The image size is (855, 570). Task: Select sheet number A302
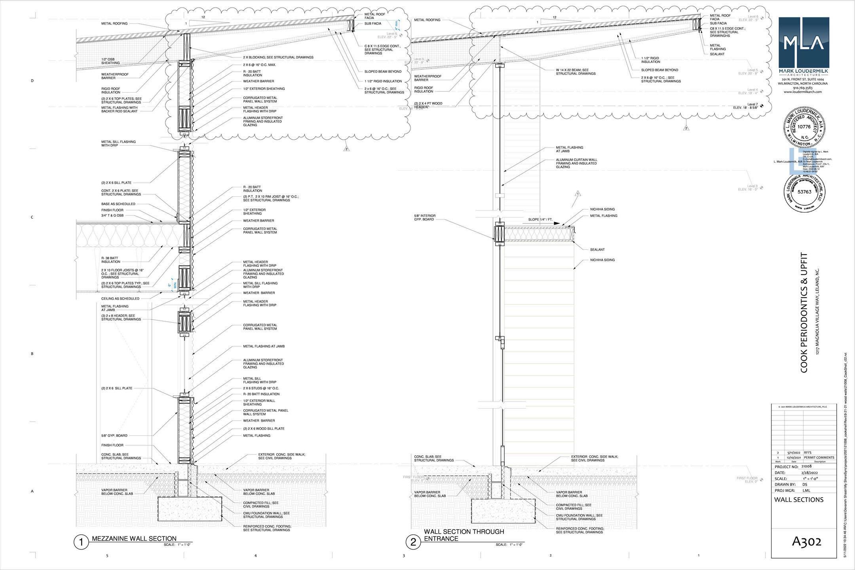pos(806,541)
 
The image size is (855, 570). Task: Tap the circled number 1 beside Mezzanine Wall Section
pos(81,542)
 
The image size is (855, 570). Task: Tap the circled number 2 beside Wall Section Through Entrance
pos(413,542)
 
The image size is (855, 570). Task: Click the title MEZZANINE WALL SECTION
pos(134,538)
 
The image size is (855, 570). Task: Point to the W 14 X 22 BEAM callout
pos(576,72)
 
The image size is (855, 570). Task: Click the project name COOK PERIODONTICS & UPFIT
pos(804,313)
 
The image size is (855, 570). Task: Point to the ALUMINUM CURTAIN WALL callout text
pos(576,163)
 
